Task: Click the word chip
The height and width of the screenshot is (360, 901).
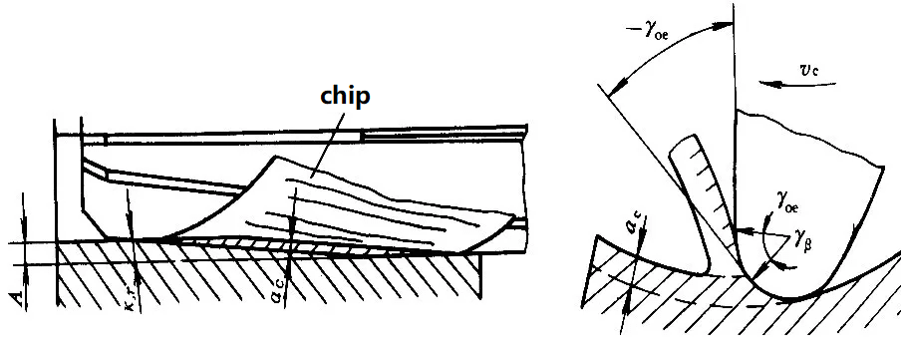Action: click(345, 97)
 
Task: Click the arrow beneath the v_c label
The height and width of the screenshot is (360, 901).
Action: click(797, 85)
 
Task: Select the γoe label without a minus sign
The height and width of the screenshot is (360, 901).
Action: click(787, 202)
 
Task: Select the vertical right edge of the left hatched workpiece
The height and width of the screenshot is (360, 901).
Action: click(480, 276)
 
